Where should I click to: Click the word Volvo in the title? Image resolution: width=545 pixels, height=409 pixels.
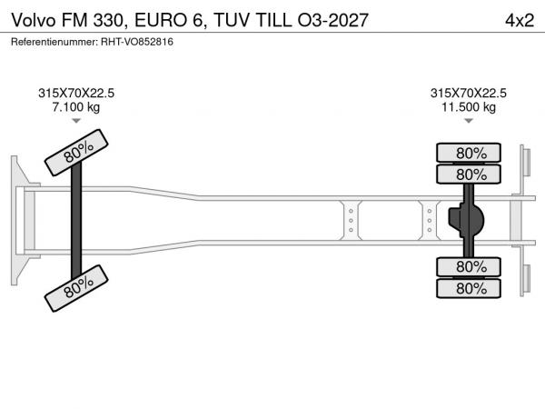pos(34,20)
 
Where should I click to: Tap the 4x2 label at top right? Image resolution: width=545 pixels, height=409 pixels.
pos(520,20)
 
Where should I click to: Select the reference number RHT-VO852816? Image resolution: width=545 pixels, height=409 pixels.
pos(137,42)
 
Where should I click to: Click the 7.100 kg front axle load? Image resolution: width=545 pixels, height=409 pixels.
pos(76,106)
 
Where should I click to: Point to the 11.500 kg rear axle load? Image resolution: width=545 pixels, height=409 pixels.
pos(469,106)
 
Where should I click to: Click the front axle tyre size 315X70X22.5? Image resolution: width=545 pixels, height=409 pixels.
pos(76,94)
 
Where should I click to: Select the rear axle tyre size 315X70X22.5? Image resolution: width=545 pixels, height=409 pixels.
pos(469,94)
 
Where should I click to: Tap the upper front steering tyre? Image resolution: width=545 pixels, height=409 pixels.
pos(76,153)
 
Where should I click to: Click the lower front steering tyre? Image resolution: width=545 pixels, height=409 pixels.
pos(76,288)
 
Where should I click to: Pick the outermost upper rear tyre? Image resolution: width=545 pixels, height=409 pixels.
pos(469,153)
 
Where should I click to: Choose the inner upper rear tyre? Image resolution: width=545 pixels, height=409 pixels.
pos(469,174)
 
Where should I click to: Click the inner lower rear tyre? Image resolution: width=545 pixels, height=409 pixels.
pos(469,267)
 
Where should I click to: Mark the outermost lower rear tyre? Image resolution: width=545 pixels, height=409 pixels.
pos(469,288)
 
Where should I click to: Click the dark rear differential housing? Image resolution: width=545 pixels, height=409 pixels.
pos(466,220)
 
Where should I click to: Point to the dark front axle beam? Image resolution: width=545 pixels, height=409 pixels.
pos(76,220)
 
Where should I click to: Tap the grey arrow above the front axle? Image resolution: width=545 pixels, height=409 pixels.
pos(76,121)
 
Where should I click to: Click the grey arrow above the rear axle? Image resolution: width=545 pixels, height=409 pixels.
pos(469,121)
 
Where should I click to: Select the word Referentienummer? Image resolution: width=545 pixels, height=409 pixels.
pos(54,42)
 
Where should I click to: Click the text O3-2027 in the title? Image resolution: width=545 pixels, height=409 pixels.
pos(332,20)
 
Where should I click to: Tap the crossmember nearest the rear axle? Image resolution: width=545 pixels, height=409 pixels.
pos(430,220)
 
